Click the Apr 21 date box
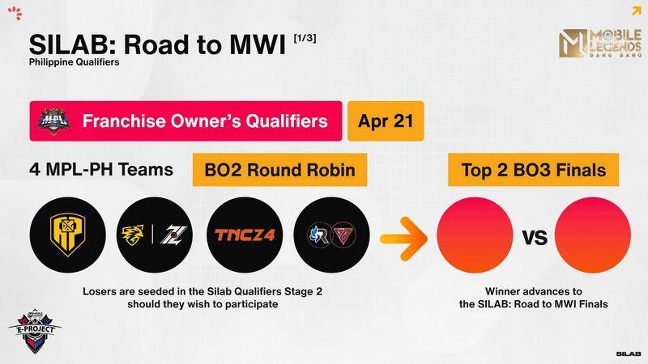click(x=386, y=121)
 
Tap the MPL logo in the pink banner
click(x=53, y=121)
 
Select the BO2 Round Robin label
click(x=279, y=170)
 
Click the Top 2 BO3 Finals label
click(x=534, y=170)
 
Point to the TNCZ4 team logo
click(x=245, y=235)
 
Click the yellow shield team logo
click(x=68, y=235)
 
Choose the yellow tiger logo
click(x=133, y=235)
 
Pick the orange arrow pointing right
click(x=403, y=239)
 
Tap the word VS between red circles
click(x=535, y=238)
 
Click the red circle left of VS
click(x=475, y=235)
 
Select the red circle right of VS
click(x=593, y=235)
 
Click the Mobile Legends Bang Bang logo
click(x=600, y=43)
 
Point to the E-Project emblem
click(x=35, y=330)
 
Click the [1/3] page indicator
click(x=305, y=38)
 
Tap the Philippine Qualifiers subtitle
click(x=75, y=62)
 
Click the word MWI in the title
click(x=257, y=44)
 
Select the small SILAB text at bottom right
click(x=629, y=353)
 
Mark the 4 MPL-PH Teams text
click(x=101, y=170)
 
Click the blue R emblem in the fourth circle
click(x=319, y=235)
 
